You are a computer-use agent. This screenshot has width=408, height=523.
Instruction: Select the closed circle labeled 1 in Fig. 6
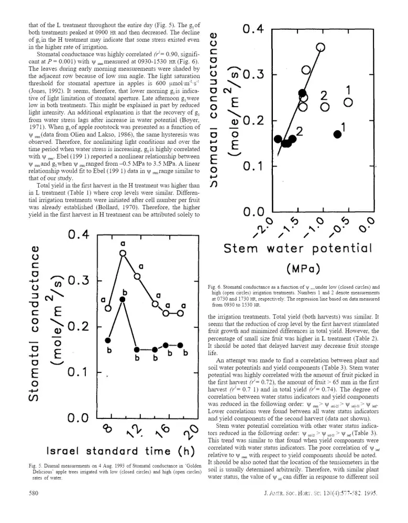338,134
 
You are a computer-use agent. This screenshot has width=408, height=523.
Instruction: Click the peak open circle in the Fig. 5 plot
124,253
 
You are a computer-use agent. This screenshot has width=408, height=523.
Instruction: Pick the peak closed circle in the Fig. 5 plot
123,299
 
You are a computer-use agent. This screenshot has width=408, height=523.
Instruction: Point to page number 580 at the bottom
33,507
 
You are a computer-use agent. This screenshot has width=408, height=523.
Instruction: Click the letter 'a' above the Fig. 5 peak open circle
123,243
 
